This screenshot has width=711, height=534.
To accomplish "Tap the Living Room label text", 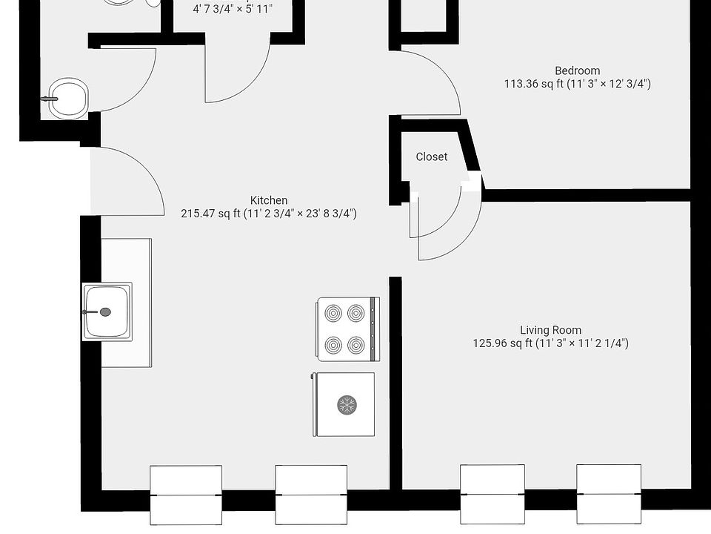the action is click(x=550, y=330).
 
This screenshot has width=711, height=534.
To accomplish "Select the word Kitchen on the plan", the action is click(x=269, y=200).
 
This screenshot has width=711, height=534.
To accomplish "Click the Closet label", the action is click(x=431, y=156).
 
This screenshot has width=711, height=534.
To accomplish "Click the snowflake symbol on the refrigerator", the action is click(x=347, y=404).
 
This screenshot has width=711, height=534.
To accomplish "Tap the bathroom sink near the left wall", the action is click(x=69, y=98).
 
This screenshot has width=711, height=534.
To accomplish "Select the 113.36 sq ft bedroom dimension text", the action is click(x=577, y=84).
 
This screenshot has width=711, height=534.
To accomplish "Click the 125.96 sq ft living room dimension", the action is click(x=550, y=343).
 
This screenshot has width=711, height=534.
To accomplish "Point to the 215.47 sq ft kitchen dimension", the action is click(x=269, y=214).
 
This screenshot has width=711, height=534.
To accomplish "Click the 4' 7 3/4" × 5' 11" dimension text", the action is click(x=232, y=10).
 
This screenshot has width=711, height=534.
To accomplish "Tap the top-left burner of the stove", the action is click(x=333, y=313).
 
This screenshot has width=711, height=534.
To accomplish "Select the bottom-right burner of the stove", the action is click(x=357, y=345).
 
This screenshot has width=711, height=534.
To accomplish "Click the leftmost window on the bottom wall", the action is click(x=186, y=494).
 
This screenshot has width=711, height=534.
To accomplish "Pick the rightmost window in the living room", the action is click(x=609, y=494).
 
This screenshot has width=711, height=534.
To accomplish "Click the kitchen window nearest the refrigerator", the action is click(x=311, y=494).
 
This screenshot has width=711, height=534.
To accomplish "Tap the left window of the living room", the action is click(x=493, y=494).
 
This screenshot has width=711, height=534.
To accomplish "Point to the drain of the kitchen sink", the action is click(x=105, y=312).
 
